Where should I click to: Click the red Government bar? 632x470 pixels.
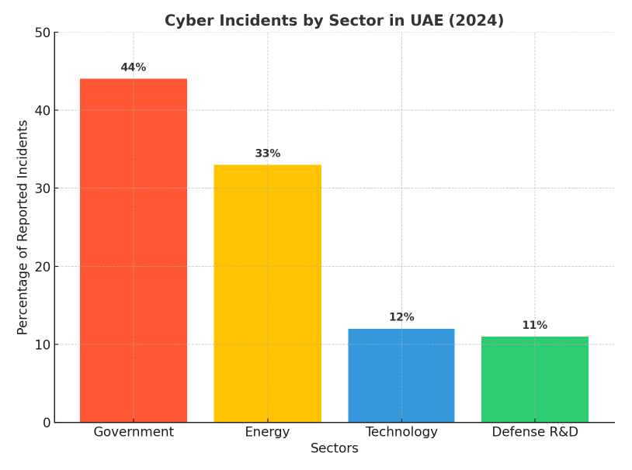(134, 250)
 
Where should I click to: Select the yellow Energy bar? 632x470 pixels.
(267, 293)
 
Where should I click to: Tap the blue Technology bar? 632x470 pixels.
(401, 375)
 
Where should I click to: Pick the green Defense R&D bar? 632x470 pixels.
(535, 379)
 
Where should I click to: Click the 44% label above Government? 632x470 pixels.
(134, 67)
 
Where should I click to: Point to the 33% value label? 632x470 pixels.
(267, 154)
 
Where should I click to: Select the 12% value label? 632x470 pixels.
(401, 317)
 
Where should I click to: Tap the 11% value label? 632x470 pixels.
(535, 326)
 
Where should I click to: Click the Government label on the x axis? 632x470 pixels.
(134, 432)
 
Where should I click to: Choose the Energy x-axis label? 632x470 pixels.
(267, 432)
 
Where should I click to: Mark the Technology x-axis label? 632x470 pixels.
(401, 432)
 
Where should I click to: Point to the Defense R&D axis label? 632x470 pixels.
(535, 432)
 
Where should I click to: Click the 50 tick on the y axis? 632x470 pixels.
(42, 33)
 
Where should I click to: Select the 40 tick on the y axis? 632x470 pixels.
(42, 110)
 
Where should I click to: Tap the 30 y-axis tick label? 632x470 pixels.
(42, 188)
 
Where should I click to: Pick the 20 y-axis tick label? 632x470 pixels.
(42, 267)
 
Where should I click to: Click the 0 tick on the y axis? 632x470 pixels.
(47, 423)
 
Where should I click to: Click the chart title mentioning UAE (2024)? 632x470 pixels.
(334, 21)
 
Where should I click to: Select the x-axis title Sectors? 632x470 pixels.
(334, 448)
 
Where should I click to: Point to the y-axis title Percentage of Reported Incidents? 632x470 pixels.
(23, 227)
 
